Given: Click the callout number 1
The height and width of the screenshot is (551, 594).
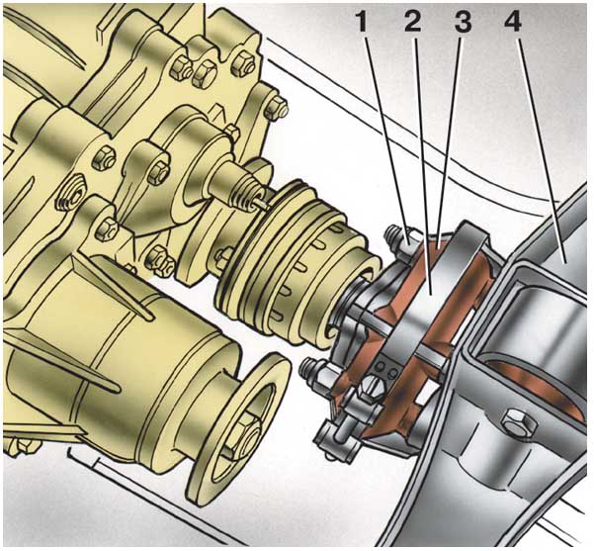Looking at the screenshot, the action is (362, 23).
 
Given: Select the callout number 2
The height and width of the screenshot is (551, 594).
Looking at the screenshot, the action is (412, 23).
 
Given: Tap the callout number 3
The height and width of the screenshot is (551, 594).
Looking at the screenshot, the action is (463, 23).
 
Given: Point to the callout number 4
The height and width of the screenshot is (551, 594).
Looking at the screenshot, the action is (513, 23).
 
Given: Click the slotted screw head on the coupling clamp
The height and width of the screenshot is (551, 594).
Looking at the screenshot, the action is (371, 390).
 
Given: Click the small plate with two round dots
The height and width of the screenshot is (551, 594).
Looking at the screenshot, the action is (385, 367).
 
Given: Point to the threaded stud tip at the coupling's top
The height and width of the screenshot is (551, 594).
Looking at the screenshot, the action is (390, 232).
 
